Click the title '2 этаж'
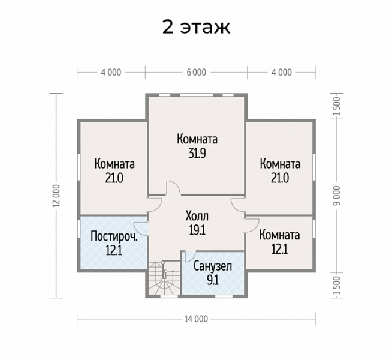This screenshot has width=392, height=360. [196, 27]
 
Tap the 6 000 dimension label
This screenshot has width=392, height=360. [197, 73]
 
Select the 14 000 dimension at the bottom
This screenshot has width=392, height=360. [197, 319]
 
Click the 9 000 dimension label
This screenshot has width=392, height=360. [337, 196]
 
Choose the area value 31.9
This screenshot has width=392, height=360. [197, 153]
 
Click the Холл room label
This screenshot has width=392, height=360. [197, 216]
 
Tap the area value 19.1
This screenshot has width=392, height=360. [197, 230]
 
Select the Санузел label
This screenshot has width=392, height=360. [213, 266]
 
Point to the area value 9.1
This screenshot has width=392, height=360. [213, 280]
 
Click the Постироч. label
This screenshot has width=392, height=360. [114, 236]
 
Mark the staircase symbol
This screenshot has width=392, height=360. [164, 278]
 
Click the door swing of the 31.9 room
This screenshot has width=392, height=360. [173, 188]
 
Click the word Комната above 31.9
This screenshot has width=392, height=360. [197, 139]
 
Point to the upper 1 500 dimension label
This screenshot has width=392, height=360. [337, 106]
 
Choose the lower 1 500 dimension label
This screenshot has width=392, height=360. [337, 286]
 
